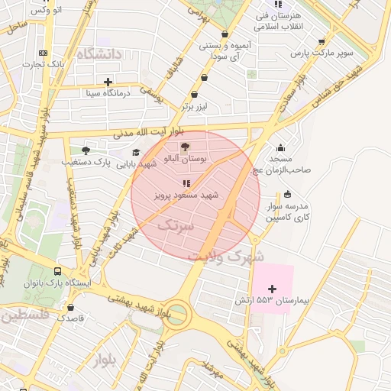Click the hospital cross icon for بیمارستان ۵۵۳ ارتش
pyautogui.click(x=272, y=288)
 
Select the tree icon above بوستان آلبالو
pyautogui.click(x=186, y=147)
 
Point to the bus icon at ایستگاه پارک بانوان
pyautogui.click(x=58, y=271)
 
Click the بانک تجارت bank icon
pyautogui.click(x=44, y=53)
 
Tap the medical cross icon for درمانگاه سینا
pyautogui.click(x=108, y=82)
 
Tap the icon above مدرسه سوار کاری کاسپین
pyautogui.click(x=287, y=194)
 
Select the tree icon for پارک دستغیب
pyautogui.click(x=85, y=150)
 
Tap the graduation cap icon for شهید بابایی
pyautogui.click(x=136, y=152)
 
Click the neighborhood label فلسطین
pyautogui.click(x=24, y=314)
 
